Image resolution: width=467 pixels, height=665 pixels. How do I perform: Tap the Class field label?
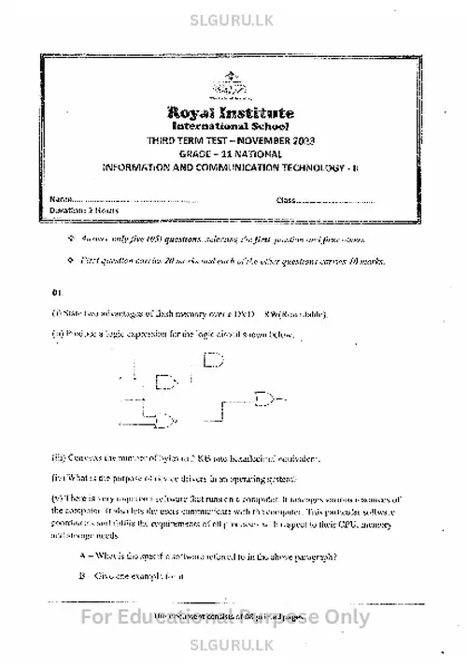(286, 199)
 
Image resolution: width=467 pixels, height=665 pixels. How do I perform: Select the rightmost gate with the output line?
(274, 400)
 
